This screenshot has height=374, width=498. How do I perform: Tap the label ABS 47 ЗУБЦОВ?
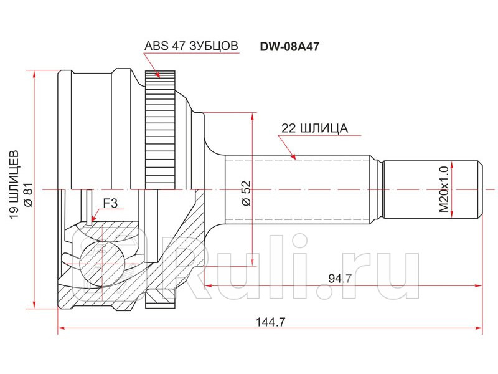(191, 46)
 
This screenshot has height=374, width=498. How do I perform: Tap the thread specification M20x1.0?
(444, 188)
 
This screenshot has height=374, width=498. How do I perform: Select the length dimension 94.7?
(340, 278)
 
